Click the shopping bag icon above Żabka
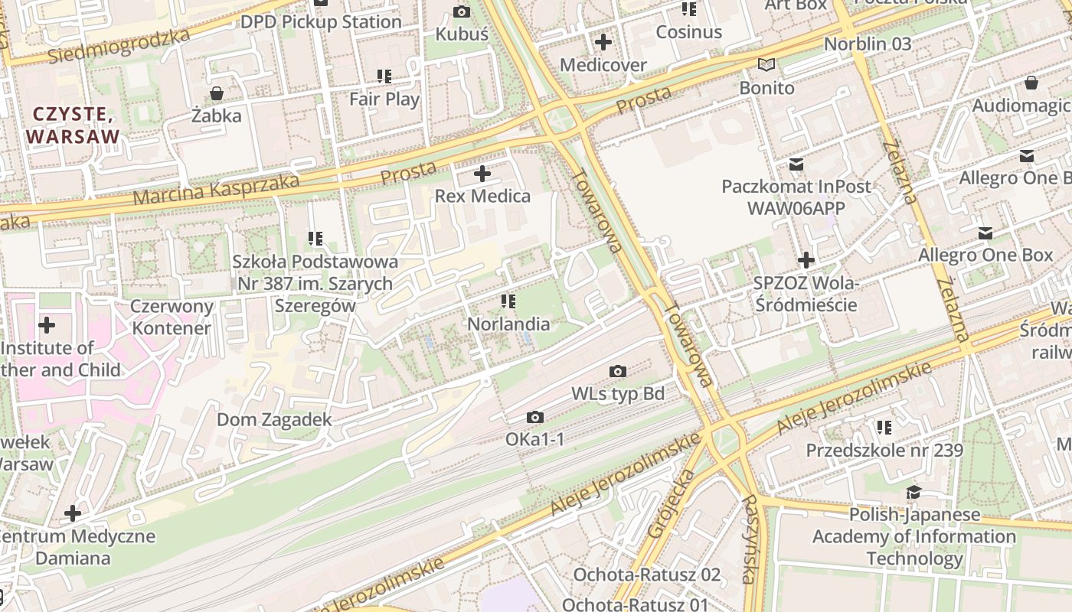point(217,93)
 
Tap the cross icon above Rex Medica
point(482,174)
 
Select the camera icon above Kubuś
point(462,11)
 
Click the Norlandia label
point(508,324)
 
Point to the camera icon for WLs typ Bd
point(618,372)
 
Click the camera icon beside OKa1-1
point(535,417)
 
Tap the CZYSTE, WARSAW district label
point(74,125)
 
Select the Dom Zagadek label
point(274,419)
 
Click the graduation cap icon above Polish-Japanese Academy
point(913,492)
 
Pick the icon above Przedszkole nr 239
point(884,427)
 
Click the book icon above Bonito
point(766,65)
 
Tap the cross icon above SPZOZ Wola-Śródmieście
point(806,260)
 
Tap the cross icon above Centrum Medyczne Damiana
point(73,513)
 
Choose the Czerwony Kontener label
point(171,317)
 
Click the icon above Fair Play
point(384,76)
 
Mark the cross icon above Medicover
point(603,42)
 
